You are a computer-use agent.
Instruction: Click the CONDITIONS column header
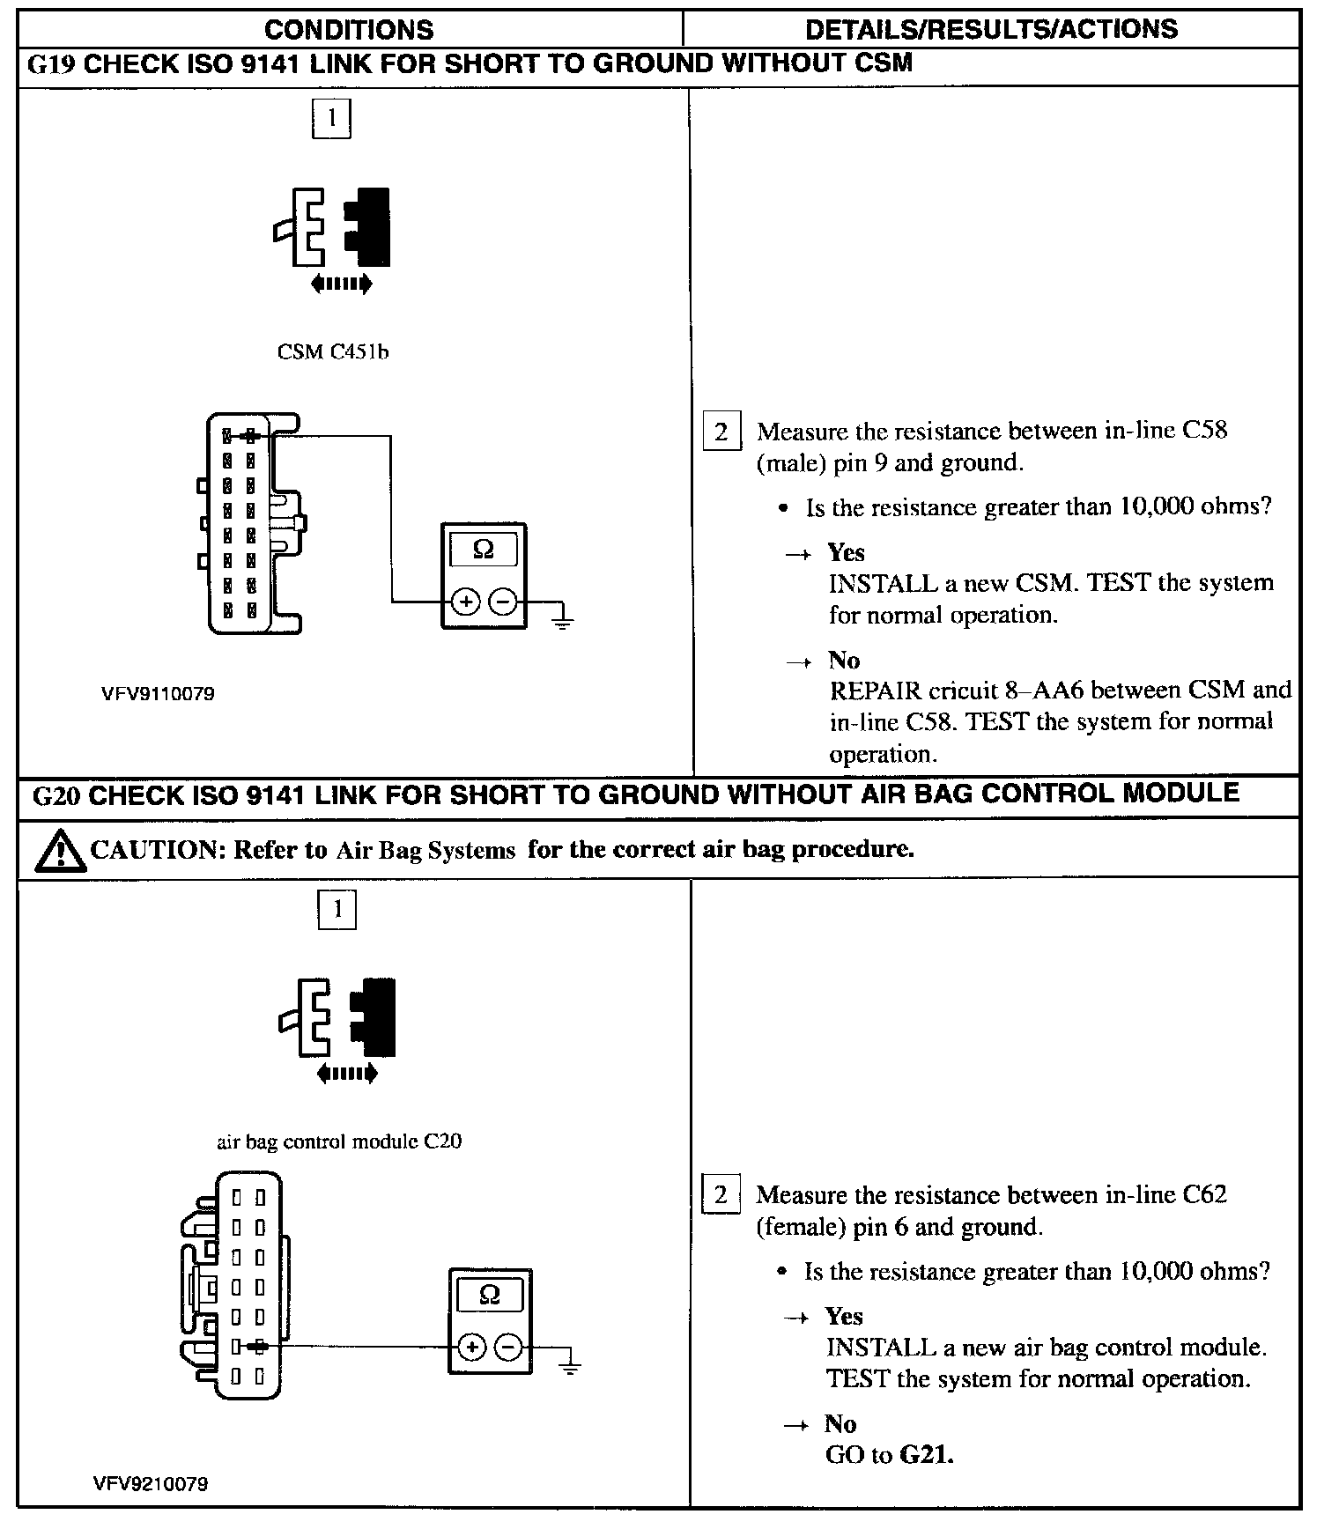349,29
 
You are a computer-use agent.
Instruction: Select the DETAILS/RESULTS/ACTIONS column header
991,29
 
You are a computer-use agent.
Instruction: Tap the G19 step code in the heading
52,64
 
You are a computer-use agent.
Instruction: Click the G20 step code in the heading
56,795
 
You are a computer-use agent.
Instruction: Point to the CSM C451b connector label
332,352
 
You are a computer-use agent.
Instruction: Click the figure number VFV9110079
157,694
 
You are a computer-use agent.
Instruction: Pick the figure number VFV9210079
151,1484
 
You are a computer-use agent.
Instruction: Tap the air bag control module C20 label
339,1141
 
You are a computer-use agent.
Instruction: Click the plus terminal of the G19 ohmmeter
466,602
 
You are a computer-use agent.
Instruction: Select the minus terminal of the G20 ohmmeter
508,1348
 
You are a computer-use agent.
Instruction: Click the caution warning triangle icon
60,851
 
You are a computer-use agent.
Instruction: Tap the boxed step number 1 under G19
331,119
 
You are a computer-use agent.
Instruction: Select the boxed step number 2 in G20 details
721,1195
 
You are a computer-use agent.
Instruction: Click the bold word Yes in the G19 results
846,553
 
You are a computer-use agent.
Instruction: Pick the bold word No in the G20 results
840,1424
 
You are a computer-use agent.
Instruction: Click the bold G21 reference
928,1455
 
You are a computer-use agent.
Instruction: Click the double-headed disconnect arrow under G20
346,1074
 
